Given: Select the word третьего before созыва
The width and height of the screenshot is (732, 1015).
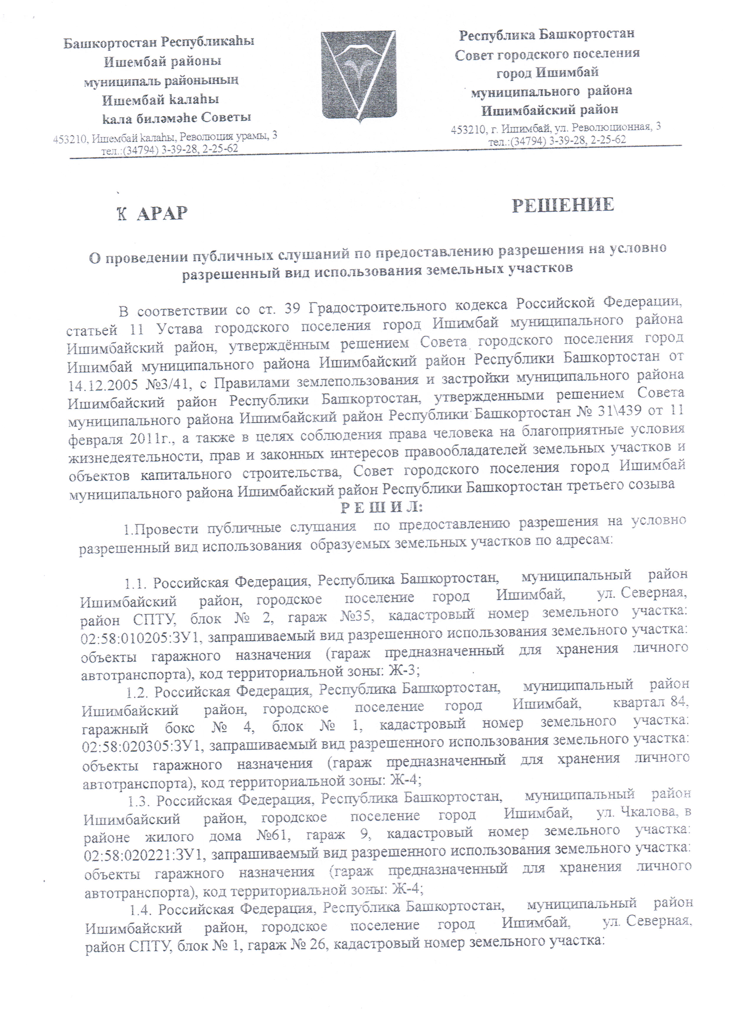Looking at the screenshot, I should (599, 485).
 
